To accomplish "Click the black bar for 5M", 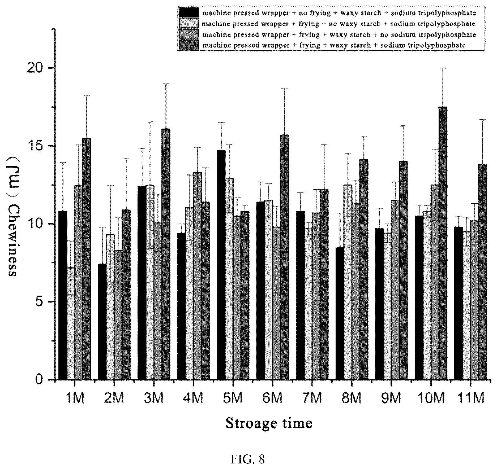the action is pos(221,265).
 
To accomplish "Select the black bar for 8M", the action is pos(340,313).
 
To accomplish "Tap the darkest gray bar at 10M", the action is pos(443,243).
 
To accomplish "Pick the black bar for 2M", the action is pos(102,322).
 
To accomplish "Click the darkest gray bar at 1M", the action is pos(87,259).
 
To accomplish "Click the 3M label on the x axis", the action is pos(154,398).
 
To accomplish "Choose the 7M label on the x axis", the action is pos(312,398).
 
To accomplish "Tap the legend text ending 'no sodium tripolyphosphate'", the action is pos(339,34).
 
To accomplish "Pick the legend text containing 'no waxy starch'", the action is pos(339,24).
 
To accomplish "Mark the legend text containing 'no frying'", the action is pos(339,12).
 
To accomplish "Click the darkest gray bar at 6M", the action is pos(285,257).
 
